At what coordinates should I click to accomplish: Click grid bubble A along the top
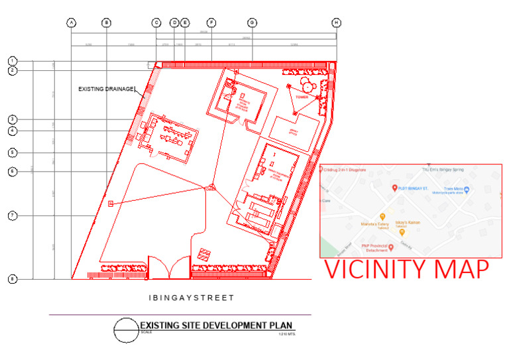(72, 23)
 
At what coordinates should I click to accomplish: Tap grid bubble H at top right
(337, 23)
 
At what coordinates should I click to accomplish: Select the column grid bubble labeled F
(211, 23)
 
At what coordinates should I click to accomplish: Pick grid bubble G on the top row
(252, 23)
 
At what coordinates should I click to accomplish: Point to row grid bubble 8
(12, 279)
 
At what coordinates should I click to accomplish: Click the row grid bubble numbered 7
(12, 215)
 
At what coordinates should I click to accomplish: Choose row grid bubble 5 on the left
(12, 152)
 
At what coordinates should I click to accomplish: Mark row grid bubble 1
(12, 60)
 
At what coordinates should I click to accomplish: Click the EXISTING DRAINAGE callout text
(106, 88)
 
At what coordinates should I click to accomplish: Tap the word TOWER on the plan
(303, 96)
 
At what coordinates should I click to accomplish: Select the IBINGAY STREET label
(191, 298)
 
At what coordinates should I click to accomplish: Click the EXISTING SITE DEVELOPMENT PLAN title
(216, 325)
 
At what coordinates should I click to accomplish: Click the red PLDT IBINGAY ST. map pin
(395, 188)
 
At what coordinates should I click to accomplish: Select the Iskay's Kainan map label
(409, 223)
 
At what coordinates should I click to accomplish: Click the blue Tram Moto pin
(467, 190)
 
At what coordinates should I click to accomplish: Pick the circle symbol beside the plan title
(126, 330)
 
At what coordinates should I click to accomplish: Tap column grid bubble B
(106, 23)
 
